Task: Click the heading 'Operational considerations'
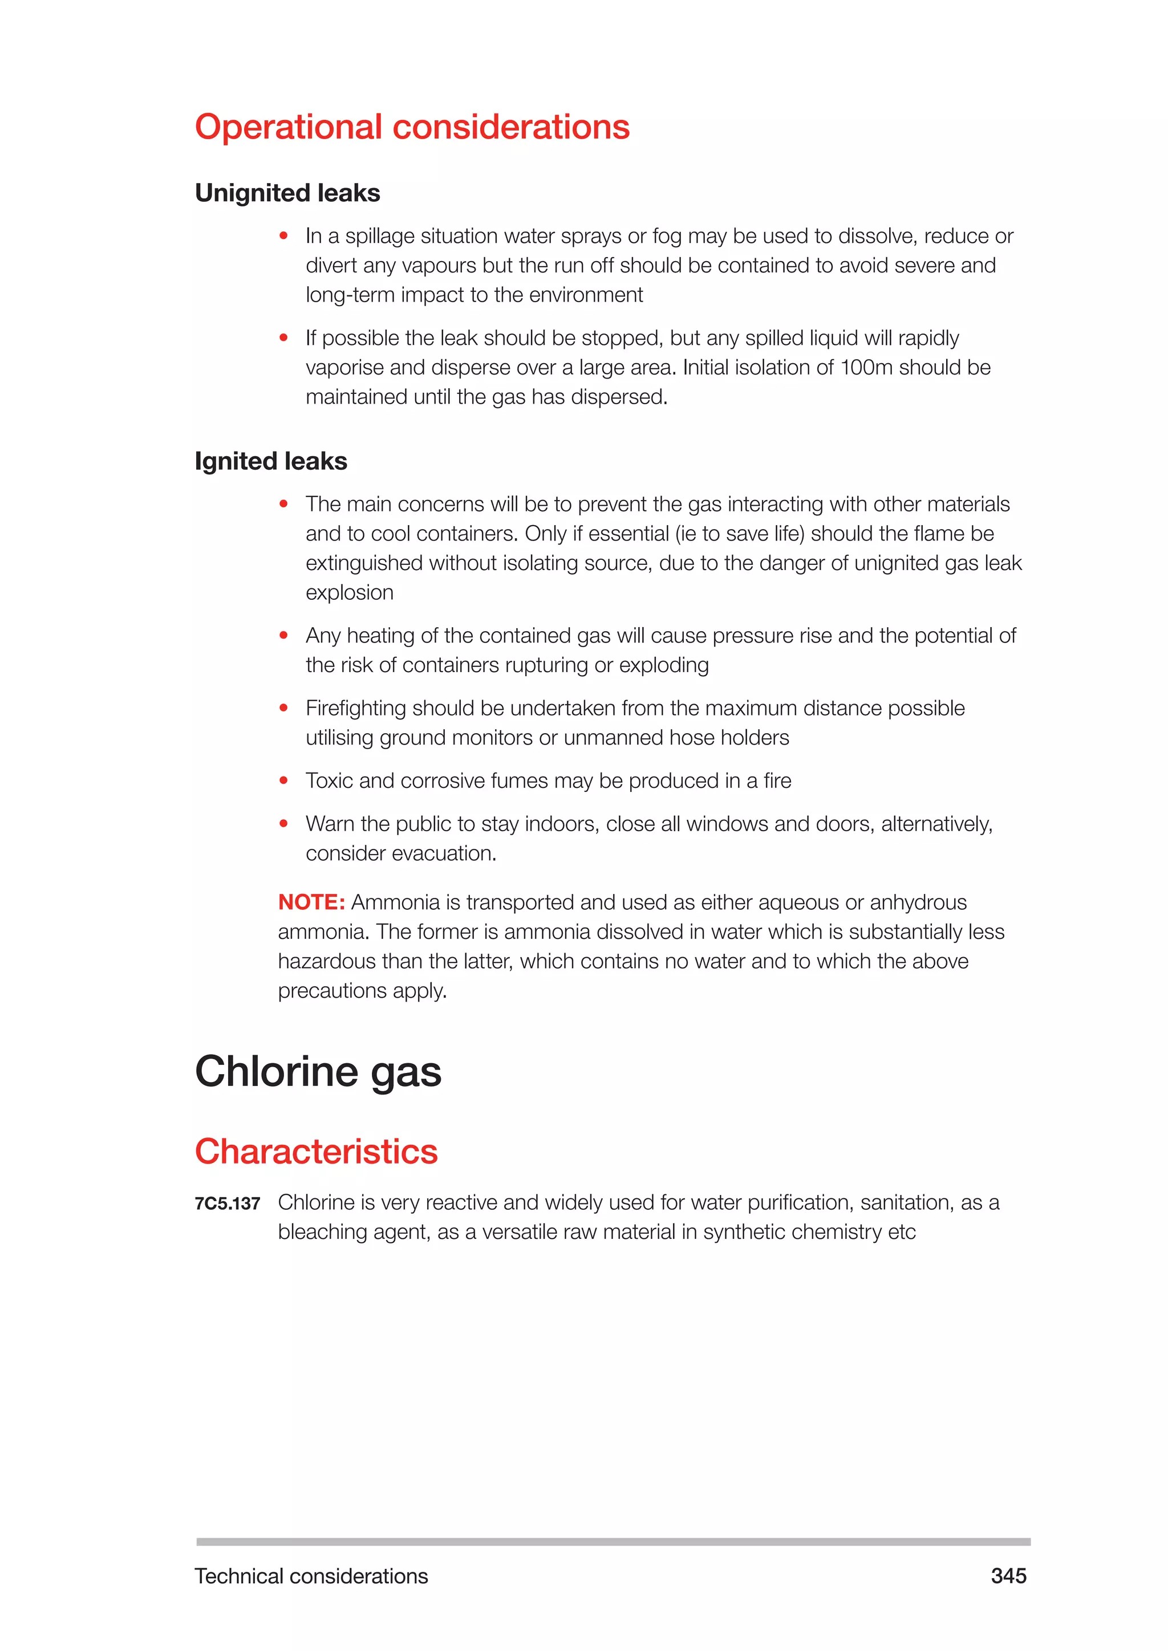click(412, 127)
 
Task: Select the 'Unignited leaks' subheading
click(287, 193)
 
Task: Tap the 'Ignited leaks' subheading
click(270, 461)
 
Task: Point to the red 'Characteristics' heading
click(316, 1151)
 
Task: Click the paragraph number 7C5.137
click(228, 1203)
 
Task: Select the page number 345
click(1008, 1576)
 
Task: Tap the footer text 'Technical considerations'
click(311, 1576)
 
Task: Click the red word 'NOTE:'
click(311, 902)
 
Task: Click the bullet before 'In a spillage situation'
click(284, 235)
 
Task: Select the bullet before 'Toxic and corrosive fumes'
click(284, 780)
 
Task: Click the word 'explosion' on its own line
click(350, 592)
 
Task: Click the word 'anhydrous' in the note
click(918, 902)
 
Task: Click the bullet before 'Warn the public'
click(284, 823)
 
